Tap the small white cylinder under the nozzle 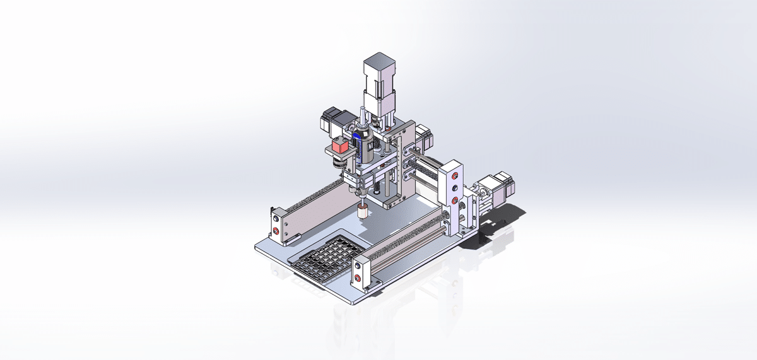pos(363,211)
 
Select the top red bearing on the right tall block pos(455,175)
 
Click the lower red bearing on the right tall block pos(454,200)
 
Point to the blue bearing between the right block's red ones pos(454,188)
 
